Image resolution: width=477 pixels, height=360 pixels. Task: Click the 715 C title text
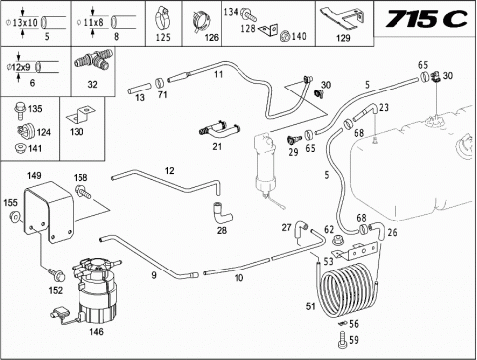pyautogui.click(x=426, y=19)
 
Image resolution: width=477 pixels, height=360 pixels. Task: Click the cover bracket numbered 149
pyautogui.click(x=49, y=211)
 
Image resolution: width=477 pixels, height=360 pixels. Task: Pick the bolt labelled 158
pyautogui.click(x=82, y=192)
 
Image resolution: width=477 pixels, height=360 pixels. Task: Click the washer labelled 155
pyautogui.click(x=15, y=217)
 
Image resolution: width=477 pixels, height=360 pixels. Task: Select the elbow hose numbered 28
pyautogui.click(x=221, y=213)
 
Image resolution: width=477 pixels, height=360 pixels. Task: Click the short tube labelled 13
pyautogui.click(x=140, y=89)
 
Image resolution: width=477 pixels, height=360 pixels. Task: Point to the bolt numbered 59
pyautogui.click(x=343, y=341)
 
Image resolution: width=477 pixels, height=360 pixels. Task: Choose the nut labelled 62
pyautogui.click(x=338, y=239)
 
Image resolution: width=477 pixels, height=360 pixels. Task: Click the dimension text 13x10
pyautogui.click(x=25, y=23)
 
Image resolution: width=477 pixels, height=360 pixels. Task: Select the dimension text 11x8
pyautogui.click(x=93, y=23)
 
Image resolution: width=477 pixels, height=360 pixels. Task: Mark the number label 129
pyautogui.click(x=343, y=38)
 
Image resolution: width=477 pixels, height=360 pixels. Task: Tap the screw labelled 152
pyautogui.click(x=56, y=274)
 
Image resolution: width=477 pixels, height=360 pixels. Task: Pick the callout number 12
pyautogui.click(x=169, y=171)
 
